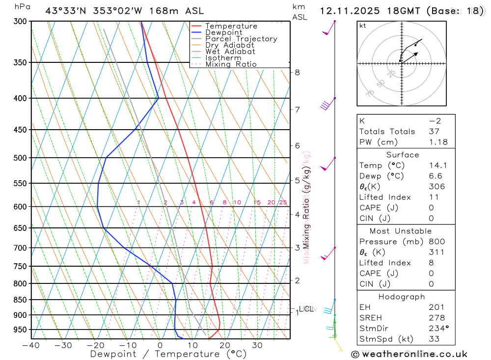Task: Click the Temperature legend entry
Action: pyautogui.click(x=231, y=26)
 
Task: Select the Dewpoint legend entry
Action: pyautogui.click(x=223, y=32)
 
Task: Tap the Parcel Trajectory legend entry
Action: pyautogui.click(x=241, y=39)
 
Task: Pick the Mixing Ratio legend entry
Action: pyautogui.click(x=231, y=64)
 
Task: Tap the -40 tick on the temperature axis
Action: pyautogui.click(x=31, y=345)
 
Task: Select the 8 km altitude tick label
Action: pyautogui.click(x=297, y=73)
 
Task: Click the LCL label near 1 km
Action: pyautogui.click(x=306, y=309)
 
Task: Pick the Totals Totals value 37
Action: pyautogui.click(x=434, y=132)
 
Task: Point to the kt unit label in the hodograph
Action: pyautogui.click(x=362, y=26)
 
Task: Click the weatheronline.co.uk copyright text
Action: pyautogui.click(x=409, y=354)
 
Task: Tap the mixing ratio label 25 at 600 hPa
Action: pyautogui.click(x=283, y=202)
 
